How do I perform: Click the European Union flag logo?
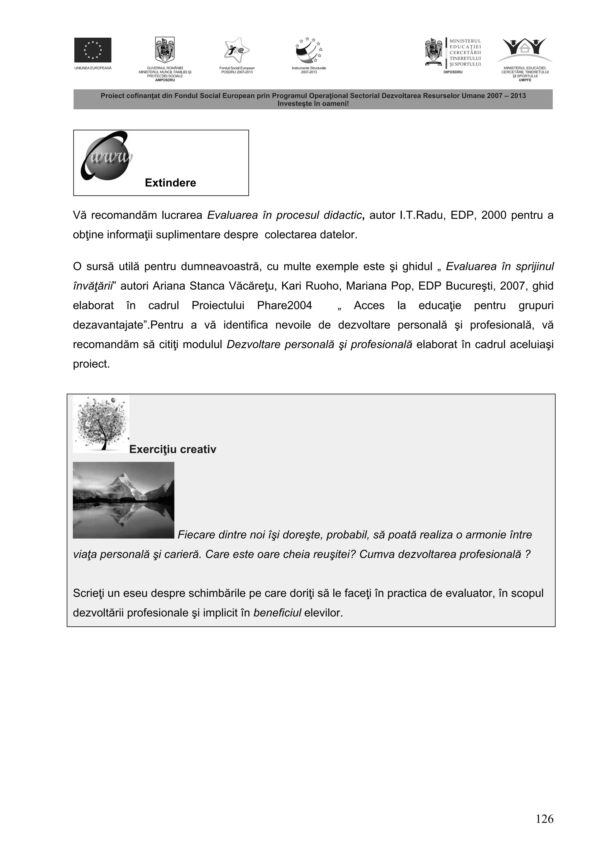pyautogui.click(x=92, y=50)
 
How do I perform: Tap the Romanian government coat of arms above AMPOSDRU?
pyautogui.click(x=165, y=50)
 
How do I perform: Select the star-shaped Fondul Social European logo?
pyautogui.click(x=236, y=50)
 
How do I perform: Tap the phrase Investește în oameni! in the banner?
pyautogui.click(x=313, y=104)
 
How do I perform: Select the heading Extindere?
pyautogui.click(x=170, y=183)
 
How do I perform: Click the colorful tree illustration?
pyautogui.click(x=101, y=424)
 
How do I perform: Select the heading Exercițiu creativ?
pyautogui.click(x=173, y=449)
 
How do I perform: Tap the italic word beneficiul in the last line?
pyautogui.click(x=277, y=613)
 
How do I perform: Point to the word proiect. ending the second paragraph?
pyautogui.click(x=91, y=364)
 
